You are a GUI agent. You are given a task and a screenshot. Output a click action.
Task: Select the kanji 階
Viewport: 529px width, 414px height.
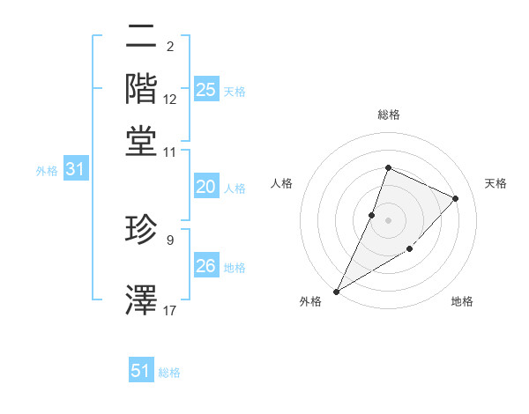141,88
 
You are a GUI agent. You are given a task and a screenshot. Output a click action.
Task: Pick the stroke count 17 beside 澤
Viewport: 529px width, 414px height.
170,310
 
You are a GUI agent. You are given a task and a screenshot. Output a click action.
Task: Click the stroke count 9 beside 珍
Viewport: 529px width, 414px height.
169,239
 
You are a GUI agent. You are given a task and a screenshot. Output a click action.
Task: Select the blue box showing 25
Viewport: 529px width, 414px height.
206,90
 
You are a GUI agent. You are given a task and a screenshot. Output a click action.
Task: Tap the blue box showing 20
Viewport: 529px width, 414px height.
206,187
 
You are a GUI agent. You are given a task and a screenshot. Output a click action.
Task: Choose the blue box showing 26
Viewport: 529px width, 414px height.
206,266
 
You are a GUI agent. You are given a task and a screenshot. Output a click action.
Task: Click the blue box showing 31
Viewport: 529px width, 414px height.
76,170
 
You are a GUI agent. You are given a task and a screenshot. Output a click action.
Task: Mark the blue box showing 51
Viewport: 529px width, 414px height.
141,372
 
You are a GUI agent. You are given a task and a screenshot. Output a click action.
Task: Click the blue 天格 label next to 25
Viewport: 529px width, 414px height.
235,92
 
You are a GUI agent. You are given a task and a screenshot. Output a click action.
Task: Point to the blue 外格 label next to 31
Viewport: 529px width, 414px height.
47,171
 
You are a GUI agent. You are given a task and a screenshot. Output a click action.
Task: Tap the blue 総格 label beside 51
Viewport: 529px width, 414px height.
169,373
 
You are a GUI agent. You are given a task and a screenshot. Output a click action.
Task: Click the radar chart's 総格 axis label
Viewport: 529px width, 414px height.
388,115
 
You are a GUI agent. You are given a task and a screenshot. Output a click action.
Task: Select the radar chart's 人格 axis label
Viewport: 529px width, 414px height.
282,183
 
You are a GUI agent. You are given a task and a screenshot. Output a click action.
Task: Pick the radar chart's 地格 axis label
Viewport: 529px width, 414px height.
462,302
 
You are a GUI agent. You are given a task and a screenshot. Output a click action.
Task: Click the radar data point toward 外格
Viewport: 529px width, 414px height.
337,291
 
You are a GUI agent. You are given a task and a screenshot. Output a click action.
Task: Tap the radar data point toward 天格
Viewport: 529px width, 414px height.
456,198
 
